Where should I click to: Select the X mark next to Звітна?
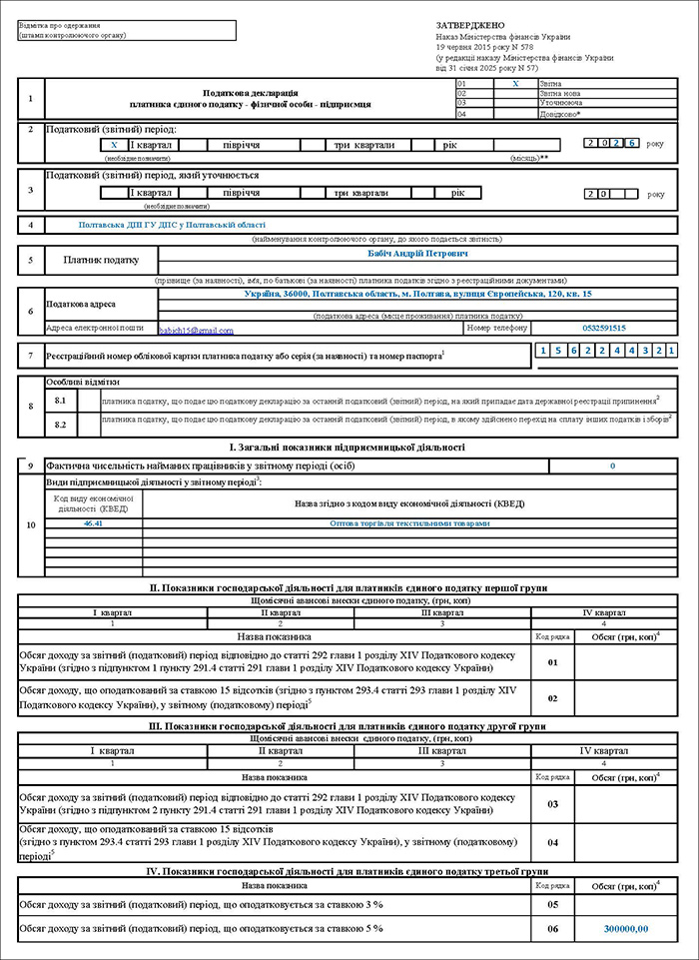[x=515, y=85]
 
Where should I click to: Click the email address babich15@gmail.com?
[x=196, y=330]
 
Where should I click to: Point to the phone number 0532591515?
[x=604, y=328]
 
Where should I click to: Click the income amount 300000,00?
[x=626, y=929]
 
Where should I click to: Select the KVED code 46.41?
[x=94, y=523]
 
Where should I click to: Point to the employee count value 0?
[x=612, y=467]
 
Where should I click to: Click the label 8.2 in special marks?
[x=60, y=425]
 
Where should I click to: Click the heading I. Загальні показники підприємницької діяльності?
[x=348, y=448]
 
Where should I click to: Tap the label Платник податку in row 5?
[x=102, y=261]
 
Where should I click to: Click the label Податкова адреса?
[x=81, y=304]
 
